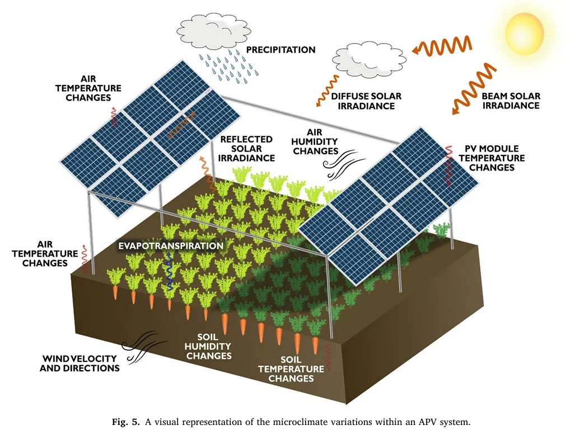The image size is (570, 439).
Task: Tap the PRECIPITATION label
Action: click(x=281, y=50)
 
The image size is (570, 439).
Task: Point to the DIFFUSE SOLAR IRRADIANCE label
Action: click(x=366, y=101)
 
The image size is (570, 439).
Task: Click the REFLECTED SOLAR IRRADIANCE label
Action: click(x=247, y=148)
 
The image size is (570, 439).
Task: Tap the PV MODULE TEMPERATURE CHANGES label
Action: click(x=492, y=158)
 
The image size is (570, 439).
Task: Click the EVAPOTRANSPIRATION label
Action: click(x=170, y=246)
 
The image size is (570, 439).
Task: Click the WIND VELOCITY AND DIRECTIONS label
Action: click(x=80, y=363)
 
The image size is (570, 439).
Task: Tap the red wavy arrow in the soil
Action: click(x=329, y=358)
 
